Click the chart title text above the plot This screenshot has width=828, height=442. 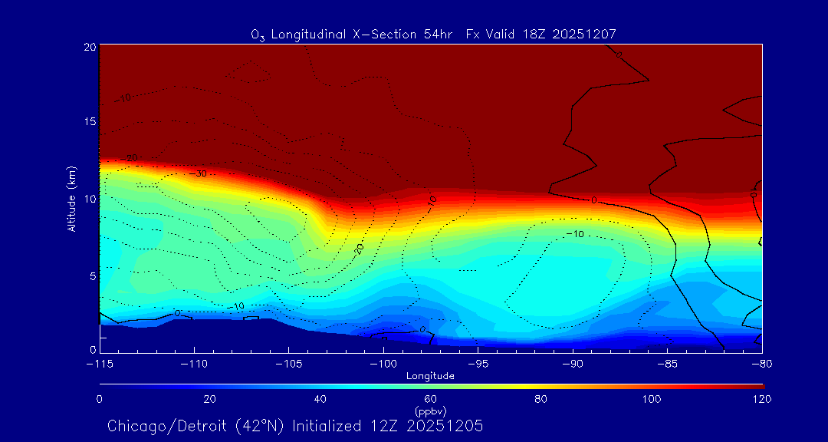point(433,34)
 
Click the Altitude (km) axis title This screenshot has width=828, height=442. point(72,198)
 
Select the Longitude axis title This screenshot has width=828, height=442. point(430,376)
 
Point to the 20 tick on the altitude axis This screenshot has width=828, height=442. point(89,46)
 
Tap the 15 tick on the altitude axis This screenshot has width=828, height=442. point(89,122)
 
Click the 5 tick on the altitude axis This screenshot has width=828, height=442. point(91,275)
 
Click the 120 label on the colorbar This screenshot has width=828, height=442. point(761,399)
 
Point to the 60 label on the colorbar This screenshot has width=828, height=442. point(430,399)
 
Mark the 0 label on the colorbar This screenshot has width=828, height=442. point(99,399)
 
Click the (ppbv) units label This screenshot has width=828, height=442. point(430,411)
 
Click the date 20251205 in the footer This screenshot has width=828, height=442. point(448,426)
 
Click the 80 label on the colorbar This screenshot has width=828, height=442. point(540,399)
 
